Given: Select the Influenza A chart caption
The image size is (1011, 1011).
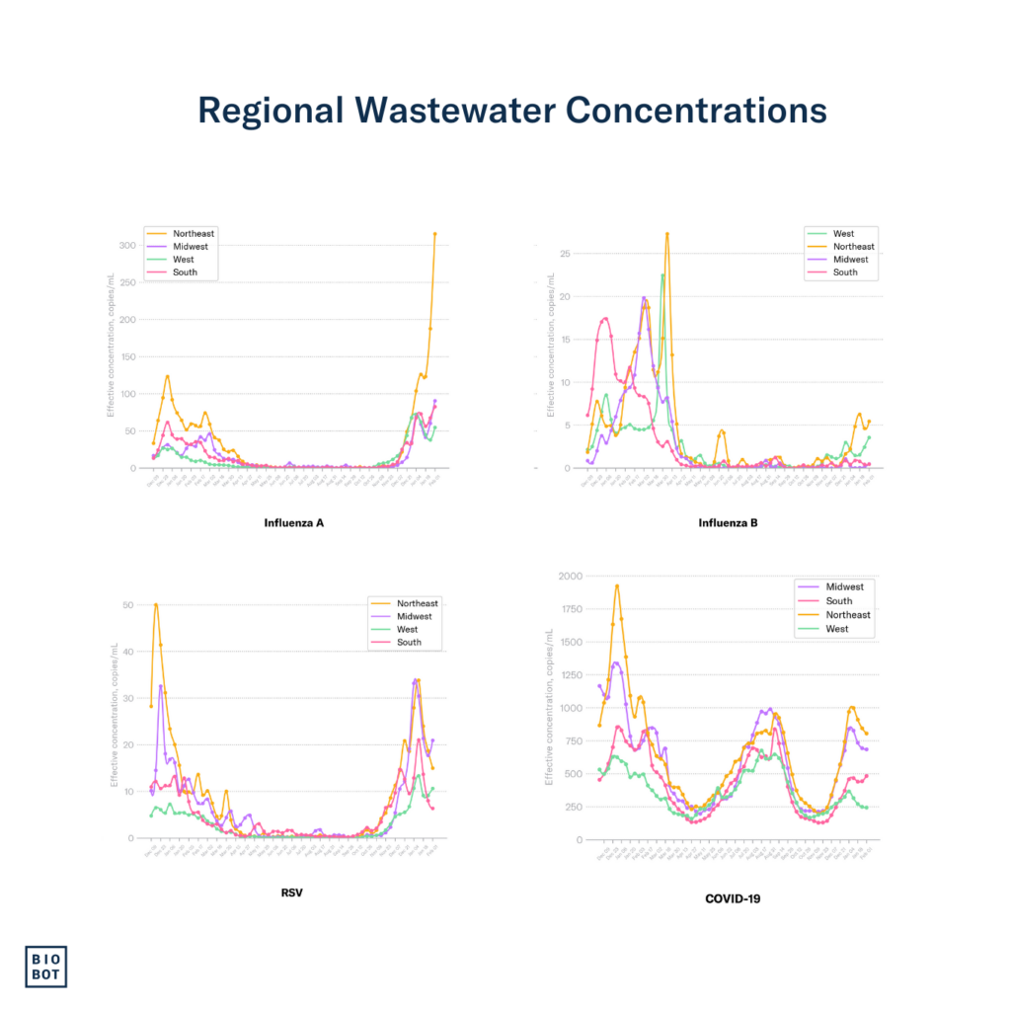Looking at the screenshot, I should pyautogui.click(x=294, y=522).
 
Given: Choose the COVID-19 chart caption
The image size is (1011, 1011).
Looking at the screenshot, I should pyautogui.click(x=733, y=898).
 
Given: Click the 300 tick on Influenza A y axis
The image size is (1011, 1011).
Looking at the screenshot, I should pyautogui.click(x=126, y=245).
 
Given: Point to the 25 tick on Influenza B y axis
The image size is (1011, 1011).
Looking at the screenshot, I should pyautogui.click(x=564, y=253).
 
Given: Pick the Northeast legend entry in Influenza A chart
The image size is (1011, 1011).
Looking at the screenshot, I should pyautogui.click(x=193, y=234).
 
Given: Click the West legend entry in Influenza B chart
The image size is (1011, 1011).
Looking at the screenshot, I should pyautogui.click(x=844, y=234).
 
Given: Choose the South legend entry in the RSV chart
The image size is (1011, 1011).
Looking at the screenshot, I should pyautogui.click(x=409, y=642).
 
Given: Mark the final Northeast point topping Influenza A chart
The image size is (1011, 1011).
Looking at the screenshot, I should pyautogui.click(x=434, y=234).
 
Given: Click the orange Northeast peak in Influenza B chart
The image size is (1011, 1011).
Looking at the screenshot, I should pyautogui.click(x=667, y=234).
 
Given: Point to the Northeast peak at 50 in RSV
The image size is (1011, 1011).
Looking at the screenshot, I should pyautogui.click(x=156, y=604).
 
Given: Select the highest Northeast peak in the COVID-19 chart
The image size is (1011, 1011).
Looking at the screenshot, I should pyautogui.click(x=617, y=585).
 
